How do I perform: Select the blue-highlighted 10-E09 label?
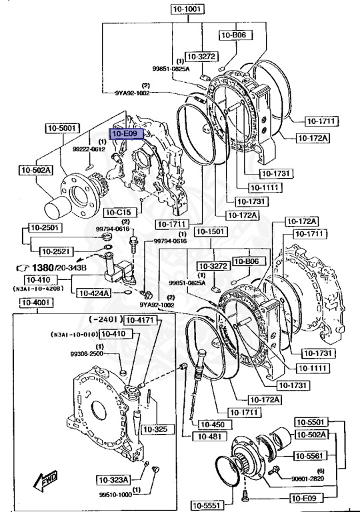(x=125, y=134)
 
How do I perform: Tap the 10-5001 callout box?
(x=63, y=127)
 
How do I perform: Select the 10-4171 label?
(x=141, y=320)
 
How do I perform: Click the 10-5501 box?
(x=313, y=422)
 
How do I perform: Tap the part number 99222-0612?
(x=89, y=149)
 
